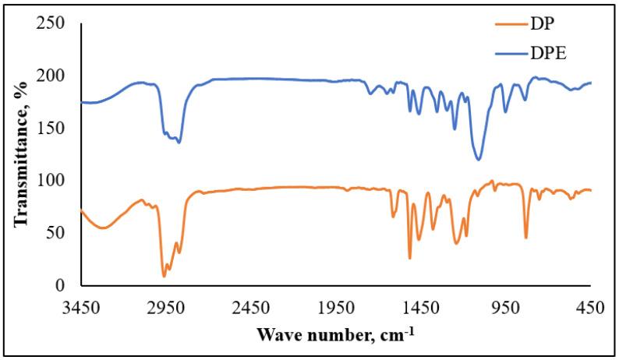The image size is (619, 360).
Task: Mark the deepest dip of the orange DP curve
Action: coord(164,276)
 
